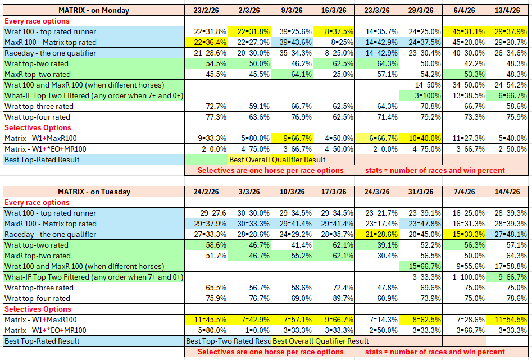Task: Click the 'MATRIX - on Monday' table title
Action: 94,10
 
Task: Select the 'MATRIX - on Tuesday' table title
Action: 94,192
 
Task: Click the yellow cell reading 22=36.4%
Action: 206,42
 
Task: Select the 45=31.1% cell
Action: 464,31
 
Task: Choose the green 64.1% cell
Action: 292,74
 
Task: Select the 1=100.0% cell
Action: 464,277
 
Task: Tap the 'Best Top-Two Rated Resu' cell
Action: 228,341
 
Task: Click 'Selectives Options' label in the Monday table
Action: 38,127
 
